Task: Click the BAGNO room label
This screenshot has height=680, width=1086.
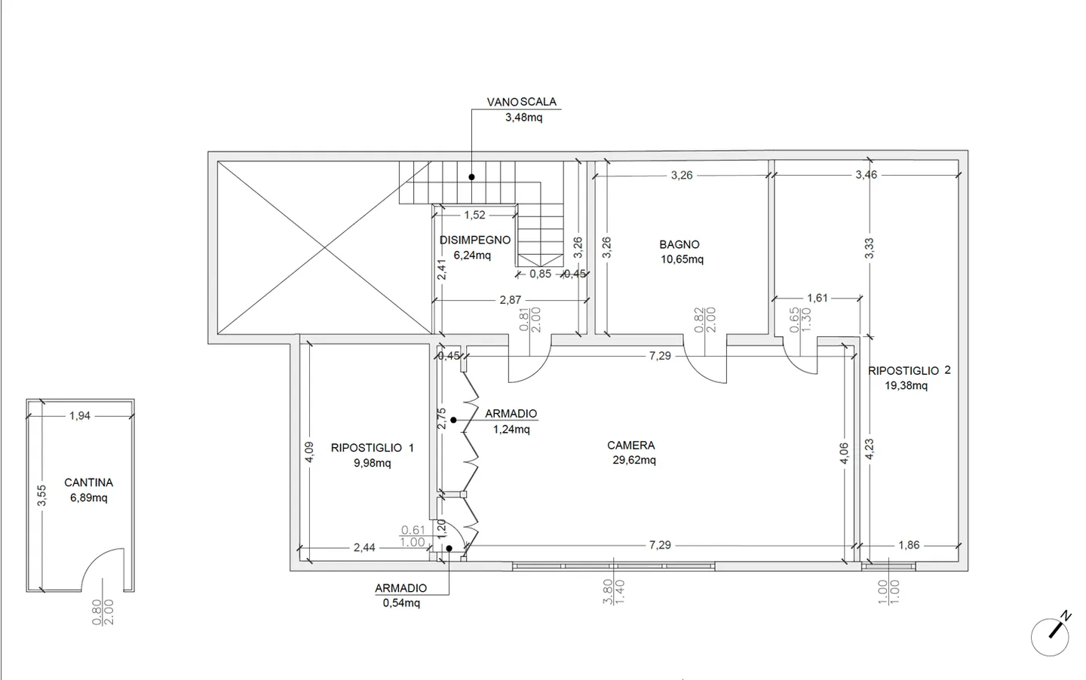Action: click(680, 244)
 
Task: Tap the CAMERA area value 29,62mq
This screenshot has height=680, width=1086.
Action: click(634, 460)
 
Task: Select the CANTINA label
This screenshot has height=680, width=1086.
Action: click(89, 482)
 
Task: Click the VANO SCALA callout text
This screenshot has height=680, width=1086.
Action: click(522, 102)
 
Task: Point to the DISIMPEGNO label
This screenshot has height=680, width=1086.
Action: click(475, 240)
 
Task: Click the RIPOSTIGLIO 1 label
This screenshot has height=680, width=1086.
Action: click(373, 448)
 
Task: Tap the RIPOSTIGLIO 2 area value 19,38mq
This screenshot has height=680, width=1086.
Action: click(907, 386)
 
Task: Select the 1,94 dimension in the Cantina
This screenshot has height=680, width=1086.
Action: click(80, 416)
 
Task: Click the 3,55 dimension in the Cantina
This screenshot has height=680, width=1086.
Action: click(41, 495)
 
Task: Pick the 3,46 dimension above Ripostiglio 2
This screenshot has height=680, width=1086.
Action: click(867, 174)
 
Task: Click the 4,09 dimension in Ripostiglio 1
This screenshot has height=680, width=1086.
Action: click(309, 452)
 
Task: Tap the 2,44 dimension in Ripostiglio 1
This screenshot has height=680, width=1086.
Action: click(364, 547)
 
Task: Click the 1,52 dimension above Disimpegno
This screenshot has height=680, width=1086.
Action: click(474, 215)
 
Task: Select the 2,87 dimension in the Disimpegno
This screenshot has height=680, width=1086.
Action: click(511, 300)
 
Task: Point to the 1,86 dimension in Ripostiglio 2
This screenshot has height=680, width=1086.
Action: click(909, 545)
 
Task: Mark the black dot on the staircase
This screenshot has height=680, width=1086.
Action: click(472, 177)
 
